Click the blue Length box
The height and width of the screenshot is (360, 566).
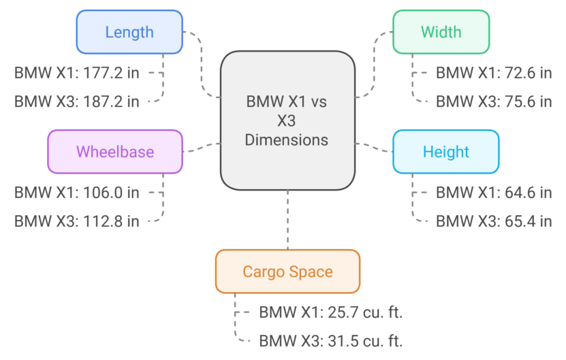[129, 32]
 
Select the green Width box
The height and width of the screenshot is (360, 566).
[441, 32]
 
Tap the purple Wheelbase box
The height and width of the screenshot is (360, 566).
[115, 151]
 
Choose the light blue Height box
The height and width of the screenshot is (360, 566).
[445, 151]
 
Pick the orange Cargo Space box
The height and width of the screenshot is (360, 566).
[287, 272]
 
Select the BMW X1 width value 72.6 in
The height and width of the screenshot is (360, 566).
[522, 72]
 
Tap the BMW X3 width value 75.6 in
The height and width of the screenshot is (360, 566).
[522, 101]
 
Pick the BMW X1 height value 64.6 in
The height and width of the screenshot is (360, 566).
[522, 192]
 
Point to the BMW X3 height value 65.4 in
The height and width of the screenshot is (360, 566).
[522, 220]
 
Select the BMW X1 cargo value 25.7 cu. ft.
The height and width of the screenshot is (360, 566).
[368, 312]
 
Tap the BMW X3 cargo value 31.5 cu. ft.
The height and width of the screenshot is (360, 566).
[368, 341]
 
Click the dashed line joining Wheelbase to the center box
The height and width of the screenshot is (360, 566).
[202, 147]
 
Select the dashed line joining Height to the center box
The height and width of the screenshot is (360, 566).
[374, 147]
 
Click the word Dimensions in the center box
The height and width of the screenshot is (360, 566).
[287, 140]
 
